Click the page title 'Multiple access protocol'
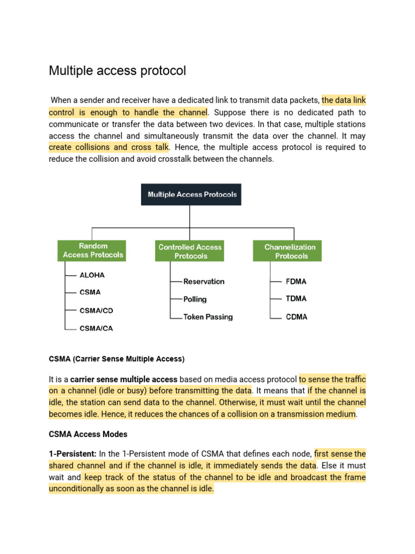tap(117, 71)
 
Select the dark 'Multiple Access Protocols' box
tap(191, 194)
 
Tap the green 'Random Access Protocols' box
tap(92, 250)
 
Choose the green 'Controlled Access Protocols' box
tap(190, 251)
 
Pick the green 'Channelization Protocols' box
tap(287, 251)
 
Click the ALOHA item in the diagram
tap(92, 275)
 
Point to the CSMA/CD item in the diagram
tap(96, 311)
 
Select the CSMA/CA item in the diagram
tap(96, 328)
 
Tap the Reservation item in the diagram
tap(204, 281)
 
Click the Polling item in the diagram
tap(195, 299)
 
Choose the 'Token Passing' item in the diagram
tap(207, 317)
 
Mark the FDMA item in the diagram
tap(296, 281)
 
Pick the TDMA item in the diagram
tap(296, 299)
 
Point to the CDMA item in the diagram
tap(296, 316)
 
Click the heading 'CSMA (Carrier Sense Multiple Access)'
tap(117, 359)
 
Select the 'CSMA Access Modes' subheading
tap(88, 434)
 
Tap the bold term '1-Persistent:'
tap(73, 453)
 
